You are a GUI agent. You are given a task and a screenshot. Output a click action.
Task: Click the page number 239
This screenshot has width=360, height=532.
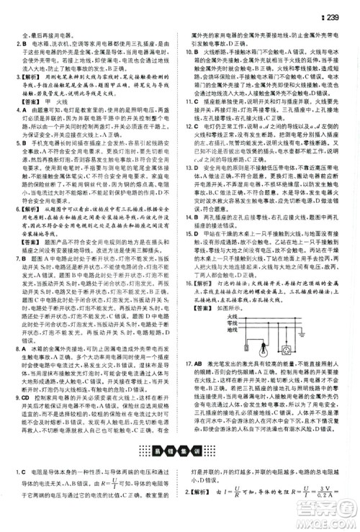[338, 8]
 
